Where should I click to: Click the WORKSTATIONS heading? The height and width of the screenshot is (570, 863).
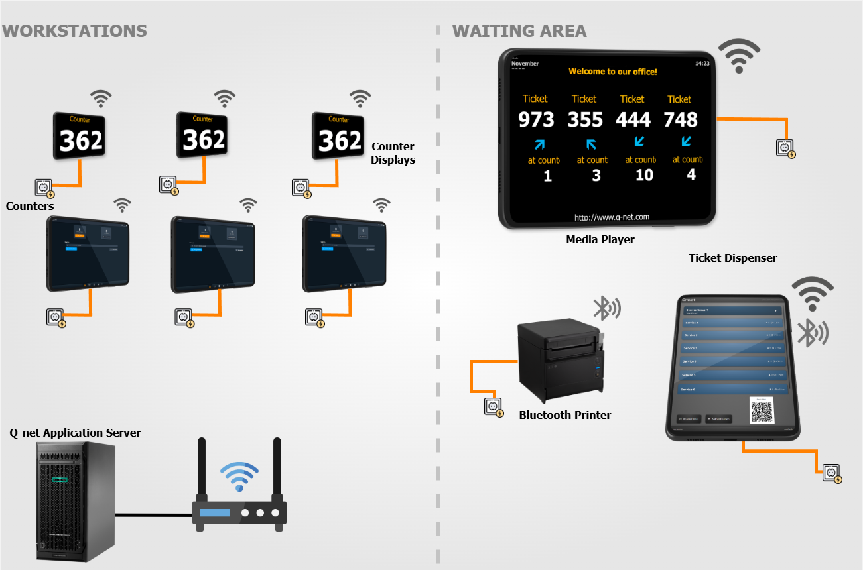(x=74, y=30)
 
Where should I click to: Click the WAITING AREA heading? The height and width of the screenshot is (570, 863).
(x=519, y=30)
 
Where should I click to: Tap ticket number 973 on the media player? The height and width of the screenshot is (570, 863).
(x=536, y=119)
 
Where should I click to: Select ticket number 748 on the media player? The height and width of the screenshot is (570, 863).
(x=681, y=119)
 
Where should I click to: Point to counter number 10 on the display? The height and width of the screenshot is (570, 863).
(x=644, y=175)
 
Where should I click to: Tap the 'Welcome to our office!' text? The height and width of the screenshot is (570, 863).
(x=613, y=71)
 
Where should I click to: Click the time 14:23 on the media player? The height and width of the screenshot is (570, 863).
(x=702, y=64)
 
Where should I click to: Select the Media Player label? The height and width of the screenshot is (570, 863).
(x=600, y=239)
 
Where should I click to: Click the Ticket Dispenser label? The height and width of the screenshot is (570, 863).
(x=732, y=258)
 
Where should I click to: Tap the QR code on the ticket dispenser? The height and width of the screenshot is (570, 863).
(x=762, y=411)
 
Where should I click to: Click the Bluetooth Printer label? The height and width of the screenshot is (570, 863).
(x=564, y=415)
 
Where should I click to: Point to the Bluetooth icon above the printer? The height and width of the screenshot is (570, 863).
(x=606, y=308)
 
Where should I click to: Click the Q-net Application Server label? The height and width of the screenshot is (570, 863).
(x=75, y=433)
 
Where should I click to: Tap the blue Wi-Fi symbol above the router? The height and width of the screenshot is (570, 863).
(x=239, y=475)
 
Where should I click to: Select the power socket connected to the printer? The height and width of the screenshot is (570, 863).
(x=492, y=406)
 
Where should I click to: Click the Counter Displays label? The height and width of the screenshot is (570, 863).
(x=393, y=153)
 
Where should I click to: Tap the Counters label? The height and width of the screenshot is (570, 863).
(x=30, y=206)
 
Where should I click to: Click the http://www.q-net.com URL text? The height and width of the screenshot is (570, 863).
(x=612, y=217)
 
